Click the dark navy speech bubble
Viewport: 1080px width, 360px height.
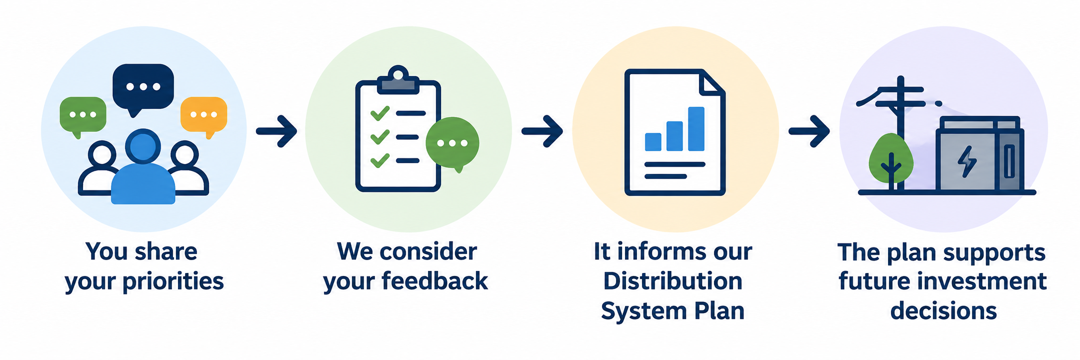pyautogui.click(x=143, y=88)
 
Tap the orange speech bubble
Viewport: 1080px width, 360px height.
pyautogui.click(x=204, y=115)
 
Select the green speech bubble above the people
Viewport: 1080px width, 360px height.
pyautogui.click(x=83, y=115)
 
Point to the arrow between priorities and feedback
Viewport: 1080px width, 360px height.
pyautogui.click(x=276, y=131)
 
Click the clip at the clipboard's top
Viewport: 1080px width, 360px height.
pyautogui.click(x=398, y=81)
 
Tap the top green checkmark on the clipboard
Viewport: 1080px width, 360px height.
pyautogui.click(x=380, y=113)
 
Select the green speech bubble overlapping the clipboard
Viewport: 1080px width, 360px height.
pyautogui.click(x=452, y=144)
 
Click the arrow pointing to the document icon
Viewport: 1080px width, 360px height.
pyautogui.click(x=542, y=131)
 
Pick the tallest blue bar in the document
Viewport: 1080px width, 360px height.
pyautogui.click(x=696, y=129)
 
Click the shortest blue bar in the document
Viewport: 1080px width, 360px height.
pyautogui.click(x=653, y=142)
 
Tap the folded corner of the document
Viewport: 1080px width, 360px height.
pyautogui.click(x=712, y=83)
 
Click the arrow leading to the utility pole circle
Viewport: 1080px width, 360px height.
pyautogui.click(x=810, y=131)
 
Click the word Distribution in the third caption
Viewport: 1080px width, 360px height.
pyautogui.click(x=673, y=281)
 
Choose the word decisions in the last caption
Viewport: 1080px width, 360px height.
pyautogui.click(x=943, y=311)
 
